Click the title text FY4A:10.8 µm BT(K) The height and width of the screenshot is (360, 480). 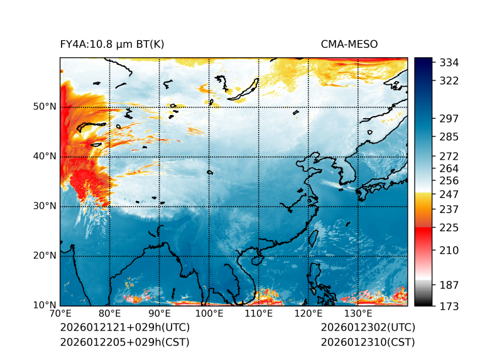tap(112, 45)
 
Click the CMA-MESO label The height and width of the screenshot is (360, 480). tap(349, 45)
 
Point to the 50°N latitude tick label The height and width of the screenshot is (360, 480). tap(45, 107)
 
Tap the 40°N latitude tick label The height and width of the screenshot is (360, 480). tap(45, 156)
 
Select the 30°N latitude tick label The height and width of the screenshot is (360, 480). tap(45, 206)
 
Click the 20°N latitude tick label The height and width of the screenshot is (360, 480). tap(45, 256)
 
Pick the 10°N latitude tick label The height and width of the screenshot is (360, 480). tap(45, 305)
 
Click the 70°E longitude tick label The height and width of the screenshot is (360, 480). tap(60, 314)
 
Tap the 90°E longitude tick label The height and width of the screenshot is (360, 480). tap(160, 314)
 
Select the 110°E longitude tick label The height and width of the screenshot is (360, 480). tap(259, 314)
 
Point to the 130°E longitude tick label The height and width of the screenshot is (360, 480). tap(358, 314)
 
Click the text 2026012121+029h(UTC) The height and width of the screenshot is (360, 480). tap(124, 328)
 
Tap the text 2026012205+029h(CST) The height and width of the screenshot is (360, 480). tap(124, 342)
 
